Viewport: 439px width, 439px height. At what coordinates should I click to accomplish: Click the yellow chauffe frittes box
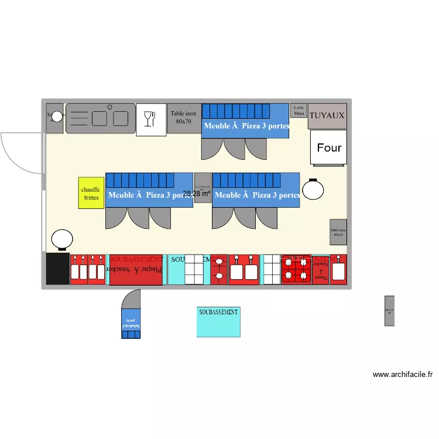point(91,193)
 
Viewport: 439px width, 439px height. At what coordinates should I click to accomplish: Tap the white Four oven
point(328,148)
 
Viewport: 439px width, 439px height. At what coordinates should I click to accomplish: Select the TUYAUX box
point(327,116)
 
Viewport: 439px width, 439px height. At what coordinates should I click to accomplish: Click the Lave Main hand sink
point(299,110)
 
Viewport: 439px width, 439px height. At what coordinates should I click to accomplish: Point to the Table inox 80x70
point(183,118)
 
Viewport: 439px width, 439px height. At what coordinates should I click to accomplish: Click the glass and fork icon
point(151,119)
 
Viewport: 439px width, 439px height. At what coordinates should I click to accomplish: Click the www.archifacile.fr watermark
point(402,375)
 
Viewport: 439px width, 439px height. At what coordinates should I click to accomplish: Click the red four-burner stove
point(296,270)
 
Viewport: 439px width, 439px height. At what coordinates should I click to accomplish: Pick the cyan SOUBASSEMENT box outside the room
point(218,321)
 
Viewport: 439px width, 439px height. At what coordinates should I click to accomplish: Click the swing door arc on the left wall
point(22,153)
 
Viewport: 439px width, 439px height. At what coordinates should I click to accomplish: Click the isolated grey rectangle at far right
point(389,311)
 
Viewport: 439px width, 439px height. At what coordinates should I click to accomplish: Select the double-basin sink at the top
point(100,118)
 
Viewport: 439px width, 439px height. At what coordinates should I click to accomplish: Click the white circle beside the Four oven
point(313,189)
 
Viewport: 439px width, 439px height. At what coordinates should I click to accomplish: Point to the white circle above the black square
point(61,240)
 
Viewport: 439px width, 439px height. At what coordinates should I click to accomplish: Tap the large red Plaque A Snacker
point(135,270)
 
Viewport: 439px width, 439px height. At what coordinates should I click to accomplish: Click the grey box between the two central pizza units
point(203,187)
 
